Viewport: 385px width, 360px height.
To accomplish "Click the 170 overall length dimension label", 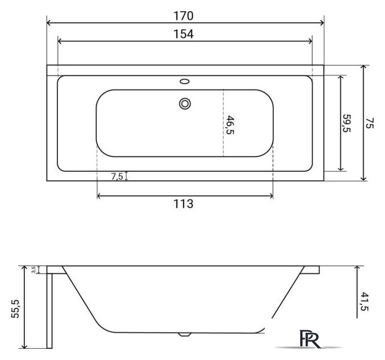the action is [x=183, y=16].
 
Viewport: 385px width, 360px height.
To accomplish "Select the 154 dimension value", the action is [x=183, y=34].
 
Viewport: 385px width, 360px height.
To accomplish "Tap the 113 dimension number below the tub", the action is [x=183, y=204].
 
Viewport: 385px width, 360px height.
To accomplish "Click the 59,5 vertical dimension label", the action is [x=346, y=123].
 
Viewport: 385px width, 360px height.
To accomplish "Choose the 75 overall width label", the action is [x=369, y=123].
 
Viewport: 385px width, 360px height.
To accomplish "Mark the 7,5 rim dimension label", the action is [x=117, y=176].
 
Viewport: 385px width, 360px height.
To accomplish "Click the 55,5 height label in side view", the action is [x=15, y=309].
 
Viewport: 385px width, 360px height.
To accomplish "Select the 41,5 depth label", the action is [x=365, y=301].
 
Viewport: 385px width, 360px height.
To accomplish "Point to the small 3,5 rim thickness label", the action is [x=34, y=269].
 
